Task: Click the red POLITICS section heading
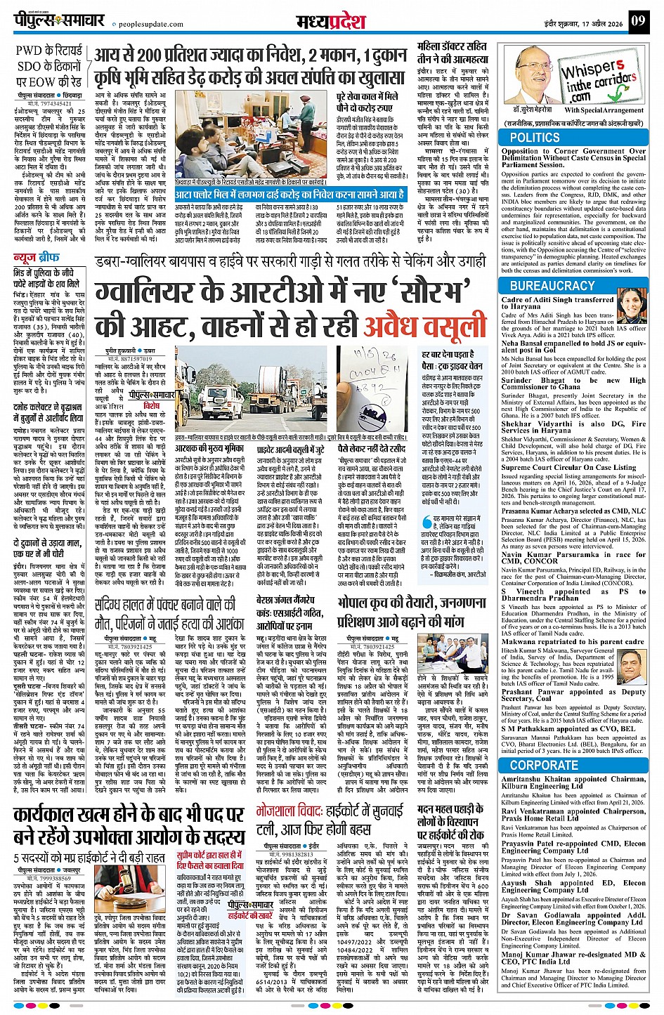[x=535, y=138]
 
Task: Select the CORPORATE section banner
[x=544, y=765]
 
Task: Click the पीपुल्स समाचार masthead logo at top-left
[x=59, y=20]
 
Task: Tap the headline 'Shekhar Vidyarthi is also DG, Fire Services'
[x=573, y=427]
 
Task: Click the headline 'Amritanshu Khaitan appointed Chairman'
[x=573, y=782]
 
